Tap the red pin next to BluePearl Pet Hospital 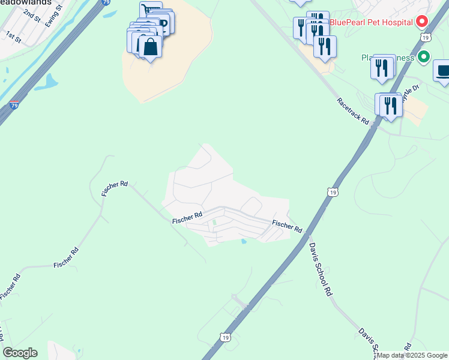(x=421, y=22)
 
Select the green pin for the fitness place (x=424, y=58)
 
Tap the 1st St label (x=13, y=37)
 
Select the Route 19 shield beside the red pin (x=425, y=37)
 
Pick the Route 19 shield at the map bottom (x=226, y=338)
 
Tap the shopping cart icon (x=148, y=9)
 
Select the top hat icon (x=443, y=70)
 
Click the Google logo (x=20, y=353)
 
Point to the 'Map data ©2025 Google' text (x=412, y=355)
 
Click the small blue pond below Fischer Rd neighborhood (x=243, y=242)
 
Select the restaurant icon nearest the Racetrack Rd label (x=391, y=106)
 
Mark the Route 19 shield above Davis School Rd (x=333, y=192)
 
